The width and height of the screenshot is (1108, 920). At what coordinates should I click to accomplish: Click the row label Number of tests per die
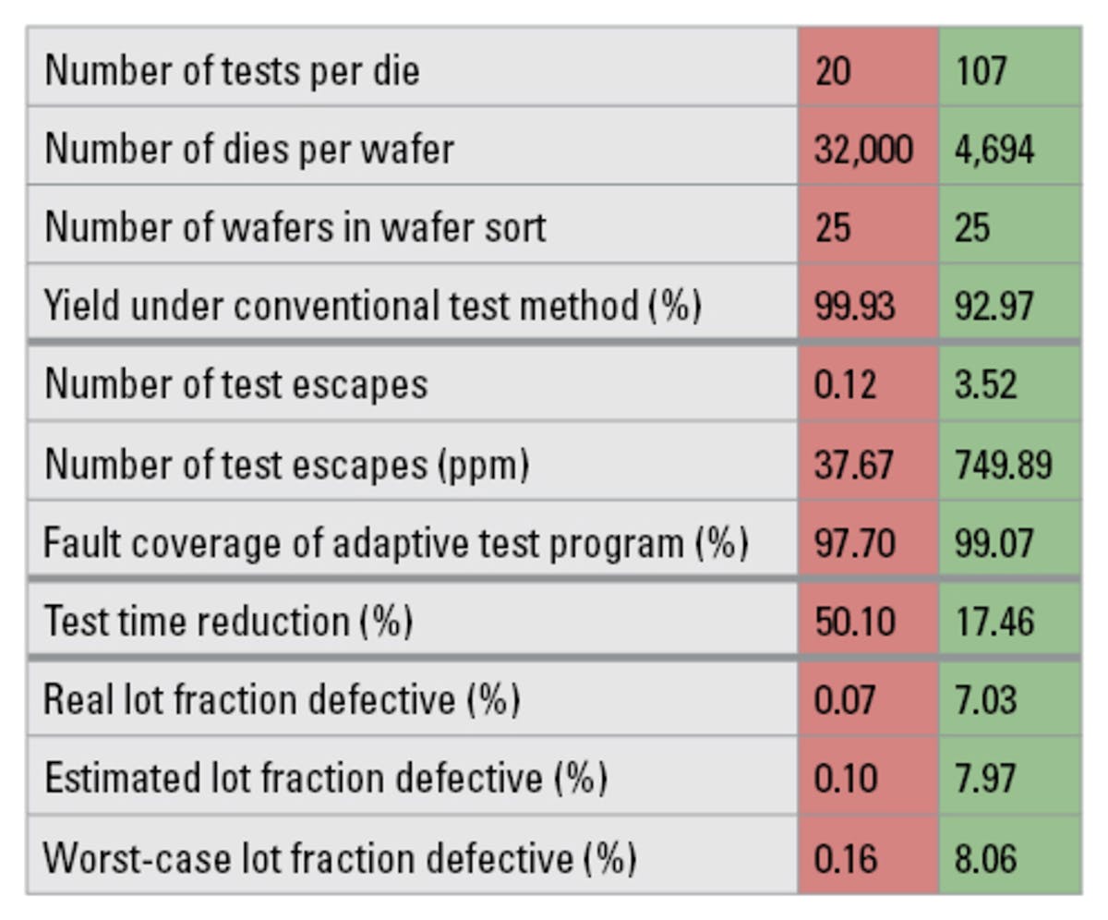[232, 70]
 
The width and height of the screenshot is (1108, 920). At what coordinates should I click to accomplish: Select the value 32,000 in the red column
[863, 149]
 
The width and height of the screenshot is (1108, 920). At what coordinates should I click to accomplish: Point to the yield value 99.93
[854, 305]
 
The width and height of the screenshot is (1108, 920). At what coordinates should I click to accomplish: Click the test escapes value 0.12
[845, 384]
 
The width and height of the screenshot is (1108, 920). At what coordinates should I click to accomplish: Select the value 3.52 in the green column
[985, 384]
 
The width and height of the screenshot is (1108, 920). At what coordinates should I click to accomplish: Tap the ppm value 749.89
[1003, 464]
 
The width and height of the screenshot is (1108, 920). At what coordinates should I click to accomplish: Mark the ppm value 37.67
[854, 464]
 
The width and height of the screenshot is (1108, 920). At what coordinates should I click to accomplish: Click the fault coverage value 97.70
[855, 543]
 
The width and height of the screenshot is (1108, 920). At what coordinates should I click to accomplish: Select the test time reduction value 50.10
[855, 622]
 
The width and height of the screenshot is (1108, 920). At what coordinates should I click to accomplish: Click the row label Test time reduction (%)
[227, 622]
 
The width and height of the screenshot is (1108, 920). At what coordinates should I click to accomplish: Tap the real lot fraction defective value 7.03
[985, 700]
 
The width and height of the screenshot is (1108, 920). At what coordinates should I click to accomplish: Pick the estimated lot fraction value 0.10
[845, 779]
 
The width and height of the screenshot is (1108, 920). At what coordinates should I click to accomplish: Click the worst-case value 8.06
[985, 858]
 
